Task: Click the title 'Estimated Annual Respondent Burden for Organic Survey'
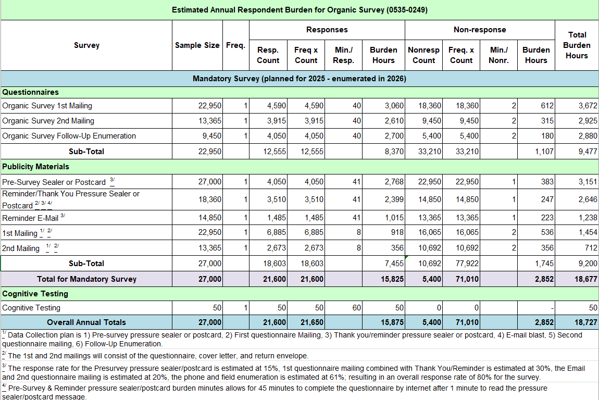(x=299, y=10)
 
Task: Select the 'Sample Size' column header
(x=197, y=45)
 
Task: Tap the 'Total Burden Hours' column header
(x=577, y=45)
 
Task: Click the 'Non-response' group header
(x=480, y=30)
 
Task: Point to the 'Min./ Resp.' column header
(x=344, y=55)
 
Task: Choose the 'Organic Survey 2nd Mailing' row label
(x=48, y=121)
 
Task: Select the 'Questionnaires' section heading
(x=31, y=92)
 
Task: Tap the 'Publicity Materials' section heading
(x=36, y=167)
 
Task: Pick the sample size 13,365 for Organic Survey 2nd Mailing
(x=210, y=121)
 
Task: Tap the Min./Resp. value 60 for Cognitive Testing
(x=356, y=308)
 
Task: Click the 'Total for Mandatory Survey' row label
(x=86, y=279)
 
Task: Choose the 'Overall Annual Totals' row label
(x=86, y=322)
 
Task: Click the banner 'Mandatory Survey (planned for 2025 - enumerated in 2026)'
(x=299, y=79)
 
